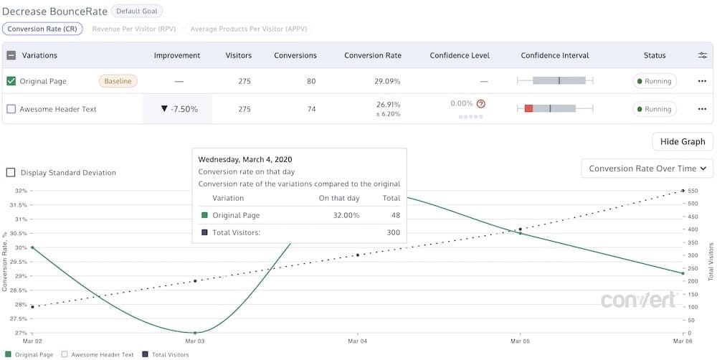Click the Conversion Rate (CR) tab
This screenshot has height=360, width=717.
click(43, 29)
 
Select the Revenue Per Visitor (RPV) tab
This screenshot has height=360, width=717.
click(134, 29)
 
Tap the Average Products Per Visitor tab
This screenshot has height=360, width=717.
click(248, 29)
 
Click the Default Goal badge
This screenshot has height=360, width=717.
click(137, 11)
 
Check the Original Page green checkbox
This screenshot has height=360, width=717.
click(11, 81)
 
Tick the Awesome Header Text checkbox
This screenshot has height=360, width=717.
click(11, 109)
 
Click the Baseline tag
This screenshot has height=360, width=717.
click(118, 81)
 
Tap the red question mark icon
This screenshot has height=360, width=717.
click(481, 104)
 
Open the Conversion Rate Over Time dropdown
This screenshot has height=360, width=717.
click(647, 169)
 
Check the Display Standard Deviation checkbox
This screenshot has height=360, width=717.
click(11, 173)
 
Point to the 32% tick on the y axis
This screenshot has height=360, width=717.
click(21, 191)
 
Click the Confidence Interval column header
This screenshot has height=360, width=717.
click(554, 55)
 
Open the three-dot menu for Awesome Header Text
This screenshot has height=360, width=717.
click(702, 109)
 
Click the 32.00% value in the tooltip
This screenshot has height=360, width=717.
click(346, 215)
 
